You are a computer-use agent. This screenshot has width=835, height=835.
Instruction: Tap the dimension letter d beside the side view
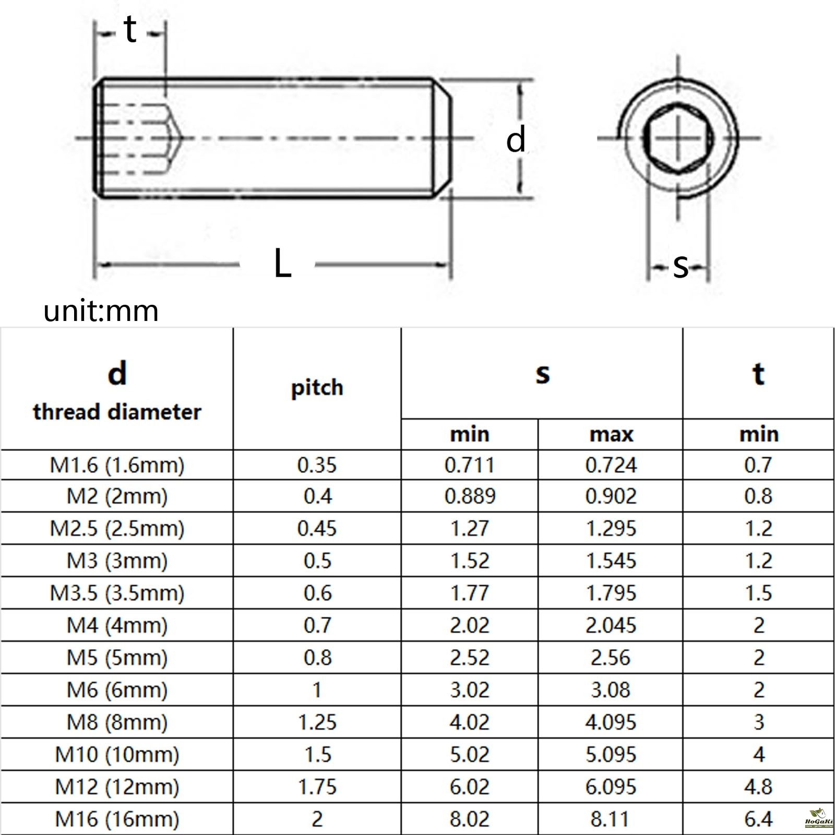tap(516, 140)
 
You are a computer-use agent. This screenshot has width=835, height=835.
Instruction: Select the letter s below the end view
tap(681, 266)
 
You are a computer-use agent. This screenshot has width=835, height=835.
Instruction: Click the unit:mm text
tap(101, 311)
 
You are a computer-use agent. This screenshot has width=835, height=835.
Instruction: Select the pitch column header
tap(317, 388)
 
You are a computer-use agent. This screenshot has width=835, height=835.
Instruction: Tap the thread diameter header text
tap(117, 412)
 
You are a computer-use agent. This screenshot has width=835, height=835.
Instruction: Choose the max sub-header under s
tap(611, 434)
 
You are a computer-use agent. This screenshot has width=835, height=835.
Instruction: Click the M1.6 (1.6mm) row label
tap(117, 465)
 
